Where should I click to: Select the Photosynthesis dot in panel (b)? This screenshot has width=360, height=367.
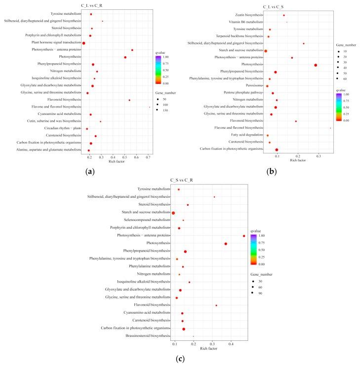point(316,65)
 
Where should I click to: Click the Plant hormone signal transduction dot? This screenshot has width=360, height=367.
point(84,43)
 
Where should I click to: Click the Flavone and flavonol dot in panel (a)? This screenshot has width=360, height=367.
point(150,107)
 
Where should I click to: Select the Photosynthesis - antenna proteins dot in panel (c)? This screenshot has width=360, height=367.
point(244,236)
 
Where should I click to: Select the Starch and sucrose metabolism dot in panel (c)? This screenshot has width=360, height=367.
point(173,213)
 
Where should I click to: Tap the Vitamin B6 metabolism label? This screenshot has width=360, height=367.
point(246,22)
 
